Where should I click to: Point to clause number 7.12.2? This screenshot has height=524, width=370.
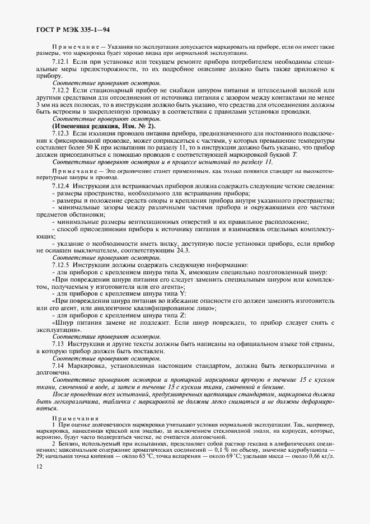tap(60, 90)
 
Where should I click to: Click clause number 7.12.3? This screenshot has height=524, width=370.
tap(60, 134)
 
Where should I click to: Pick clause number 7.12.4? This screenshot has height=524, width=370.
tap(60, 185)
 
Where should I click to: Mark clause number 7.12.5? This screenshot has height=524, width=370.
tap(60, 264)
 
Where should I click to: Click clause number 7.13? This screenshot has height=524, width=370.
tap(57, 343)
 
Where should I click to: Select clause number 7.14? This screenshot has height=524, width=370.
tap(57, 365)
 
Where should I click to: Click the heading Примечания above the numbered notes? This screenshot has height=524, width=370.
tap(75, 418)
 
